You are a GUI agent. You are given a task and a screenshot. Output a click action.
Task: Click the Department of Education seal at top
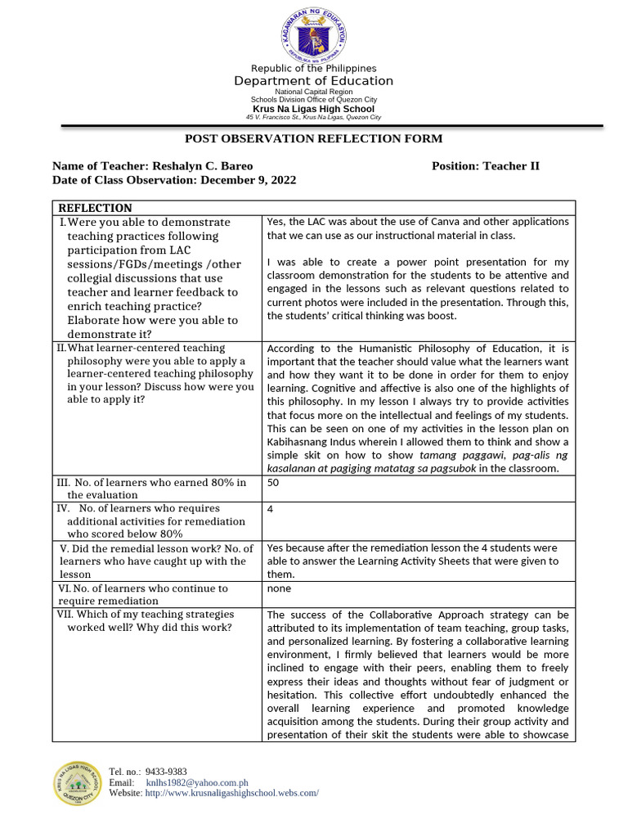pyautogui.click(x=313, y=34)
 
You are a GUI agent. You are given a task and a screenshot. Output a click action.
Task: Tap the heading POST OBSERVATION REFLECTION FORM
pyautogui.click(x=313, y=139)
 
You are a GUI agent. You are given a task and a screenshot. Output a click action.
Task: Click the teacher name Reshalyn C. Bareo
pyautogui.click(x=197, y=166)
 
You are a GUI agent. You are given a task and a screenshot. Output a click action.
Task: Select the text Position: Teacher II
pyautogui.click(x=485, y=166)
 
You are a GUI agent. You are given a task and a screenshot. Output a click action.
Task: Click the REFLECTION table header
pyautogui.click(x=95, y=208)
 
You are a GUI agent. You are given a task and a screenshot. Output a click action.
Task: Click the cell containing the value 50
pyautogui.click(x=274, y=483)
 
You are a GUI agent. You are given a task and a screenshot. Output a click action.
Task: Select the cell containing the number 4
pyautogui.click(x=271, y=509)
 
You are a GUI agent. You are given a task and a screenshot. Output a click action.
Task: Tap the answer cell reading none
pyautogui.click(x=279, y=588)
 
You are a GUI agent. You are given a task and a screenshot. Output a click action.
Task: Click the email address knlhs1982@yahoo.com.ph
pyautogui.click(x=196, y=782)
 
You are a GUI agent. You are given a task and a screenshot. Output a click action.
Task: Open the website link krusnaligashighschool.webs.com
pyautogui.click(x=231, y=793)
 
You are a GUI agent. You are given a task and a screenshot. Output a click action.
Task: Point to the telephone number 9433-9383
pyautogui.click(x=166, y=772)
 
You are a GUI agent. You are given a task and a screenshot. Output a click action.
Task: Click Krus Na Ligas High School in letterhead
pyautogui.click(x=313, y=109)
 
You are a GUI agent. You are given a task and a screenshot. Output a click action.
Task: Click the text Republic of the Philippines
pyautogui.click(x=313, y=69)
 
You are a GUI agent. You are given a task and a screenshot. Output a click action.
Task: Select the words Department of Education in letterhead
pyautogui.click(x=313, y=81)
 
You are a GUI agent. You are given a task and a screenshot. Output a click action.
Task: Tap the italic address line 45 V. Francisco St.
pyautogui.click(x=313, y=118)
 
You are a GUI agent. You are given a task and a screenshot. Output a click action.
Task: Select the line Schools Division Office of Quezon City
pyautogui.click(x=313, y=100)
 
